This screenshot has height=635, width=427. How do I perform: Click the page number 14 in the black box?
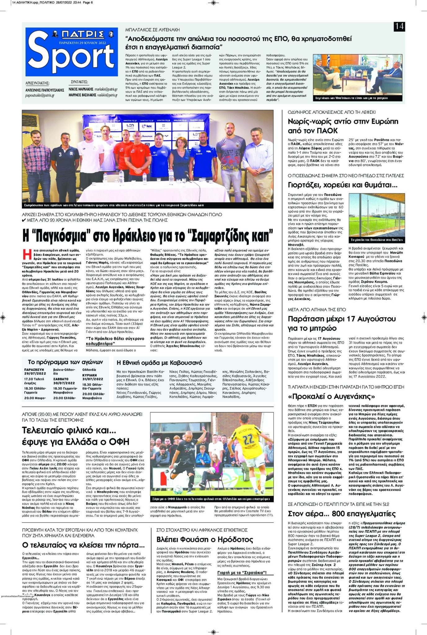coord(399,26)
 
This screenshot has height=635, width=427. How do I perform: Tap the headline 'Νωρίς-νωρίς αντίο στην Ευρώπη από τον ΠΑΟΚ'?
coord(343,126)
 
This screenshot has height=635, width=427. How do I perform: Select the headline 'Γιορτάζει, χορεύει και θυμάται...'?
coord(342,185)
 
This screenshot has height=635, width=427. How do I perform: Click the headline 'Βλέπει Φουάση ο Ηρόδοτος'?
coord(205,539)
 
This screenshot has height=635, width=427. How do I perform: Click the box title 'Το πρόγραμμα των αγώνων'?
coord(65,362)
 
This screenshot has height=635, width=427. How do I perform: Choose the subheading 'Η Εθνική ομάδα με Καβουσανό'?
coord(159,362)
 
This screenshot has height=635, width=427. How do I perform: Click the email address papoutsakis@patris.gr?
coord(40,95)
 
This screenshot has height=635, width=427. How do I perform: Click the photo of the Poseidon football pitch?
coord(376,215)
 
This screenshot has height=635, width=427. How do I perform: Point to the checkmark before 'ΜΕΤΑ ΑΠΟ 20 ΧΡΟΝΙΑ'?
coord(24,220)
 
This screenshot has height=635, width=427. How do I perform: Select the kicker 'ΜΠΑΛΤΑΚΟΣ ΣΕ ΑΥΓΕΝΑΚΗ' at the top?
coord(152,30)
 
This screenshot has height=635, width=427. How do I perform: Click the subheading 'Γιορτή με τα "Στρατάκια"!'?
coord(242,573)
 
